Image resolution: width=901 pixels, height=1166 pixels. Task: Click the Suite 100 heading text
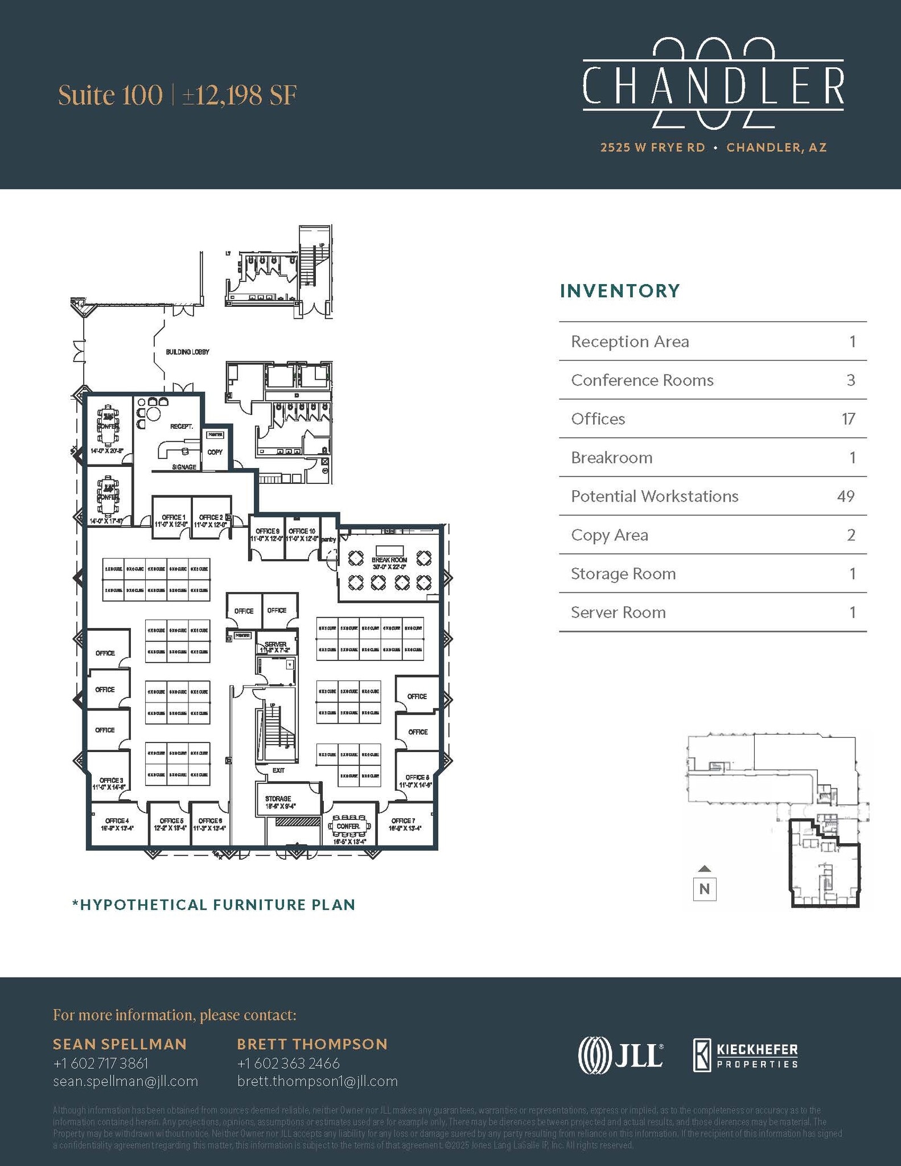pos(110,96)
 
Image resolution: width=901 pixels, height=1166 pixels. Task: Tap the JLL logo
pos(620,1055)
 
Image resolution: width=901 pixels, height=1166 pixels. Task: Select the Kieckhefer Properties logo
pos(746,1055)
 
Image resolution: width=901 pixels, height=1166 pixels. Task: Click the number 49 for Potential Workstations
pos(845,496)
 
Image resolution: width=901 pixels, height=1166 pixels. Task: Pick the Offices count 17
pos(848,419)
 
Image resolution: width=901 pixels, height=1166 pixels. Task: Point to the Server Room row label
pos(618,613)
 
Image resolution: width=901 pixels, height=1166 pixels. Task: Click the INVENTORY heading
pos(620,291)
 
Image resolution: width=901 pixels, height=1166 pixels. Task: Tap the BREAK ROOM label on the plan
pos(389,560)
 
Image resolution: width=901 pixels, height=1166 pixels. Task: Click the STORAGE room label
pos(278,799)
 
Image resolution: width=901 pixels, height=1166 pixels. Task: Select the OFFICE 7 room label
pos(403,820)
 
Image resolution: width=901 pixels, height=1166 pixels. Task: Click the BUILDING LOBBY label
pos(187,352)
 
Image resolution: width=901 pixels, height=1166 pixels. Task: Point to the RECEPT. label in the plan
pos(181,426)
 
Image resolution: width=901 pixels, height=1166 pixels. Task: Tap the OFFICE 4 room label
pos(117,820)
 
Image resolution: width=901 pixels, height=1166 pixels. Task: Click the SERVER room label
pos(275,644)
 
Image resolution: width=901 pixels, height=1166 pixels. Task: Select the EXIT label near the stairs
pos(278,770)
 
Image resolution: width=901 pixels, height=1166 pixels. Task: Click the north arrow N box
pos(704,889)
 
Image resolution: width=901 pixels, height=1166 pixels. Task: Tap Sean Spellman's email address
pos(125,1081)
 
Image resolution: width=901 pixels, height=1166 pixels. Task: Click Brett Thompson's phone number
pos(288,1063)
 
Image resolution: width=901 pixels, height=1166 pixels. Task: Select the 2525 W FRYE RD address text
pos(652,147)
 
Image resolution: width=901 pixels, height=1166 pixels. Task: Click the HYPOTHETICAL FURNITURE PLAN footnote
pos(213,905)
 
